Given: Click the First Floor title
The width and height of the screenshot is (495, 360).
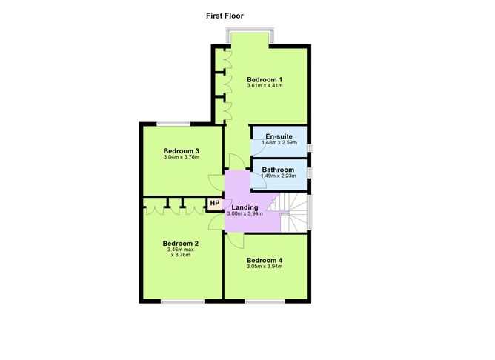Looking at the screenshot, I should [225, 15].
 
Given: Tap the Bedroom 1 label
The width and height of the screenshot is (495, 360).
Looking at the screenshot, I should [265, 79].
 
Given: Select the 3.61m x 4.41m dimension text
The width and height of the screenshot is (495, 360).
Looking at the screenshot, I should [265, 86].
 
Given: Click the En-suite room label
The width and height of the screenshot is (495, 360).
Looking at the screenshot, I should [279, 136].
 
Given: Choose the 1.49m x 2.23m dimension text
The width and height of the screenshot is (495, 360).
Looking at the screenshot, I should [279, 176].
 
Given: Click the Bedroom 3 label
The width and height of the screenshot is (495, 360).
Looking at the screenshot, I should [182, 150].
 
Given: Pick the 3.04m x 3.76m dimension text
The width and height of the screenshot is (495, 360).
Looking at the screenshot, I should [182, 157].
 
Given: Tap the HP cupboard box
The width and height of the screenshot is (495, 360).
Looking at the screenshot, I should [214, 203].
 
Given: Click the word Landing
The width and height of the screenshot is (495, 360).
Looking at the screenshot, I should [245, 207].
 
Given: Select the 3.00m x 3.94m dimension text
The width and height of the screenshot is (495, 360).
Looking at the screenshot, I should [245, 213].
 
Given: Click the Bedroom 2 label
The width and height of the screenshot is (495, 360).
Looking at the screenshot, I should [181, 243].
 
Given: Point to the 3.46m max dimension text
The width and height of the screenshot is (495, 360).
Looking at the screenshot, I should [181, 250].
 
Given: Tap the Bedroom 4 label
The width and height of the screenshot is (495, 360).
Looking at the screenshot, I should [265, 260].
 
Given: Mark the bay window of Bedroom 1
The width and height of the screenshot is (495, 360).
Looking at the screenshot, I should [250, 37].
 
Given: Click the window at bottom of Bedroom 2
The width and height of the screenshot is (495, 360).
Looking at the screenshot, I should [182, 301].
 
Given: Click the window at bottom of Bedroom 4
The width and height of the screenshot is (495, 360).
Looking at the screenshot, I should [265, 301].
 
